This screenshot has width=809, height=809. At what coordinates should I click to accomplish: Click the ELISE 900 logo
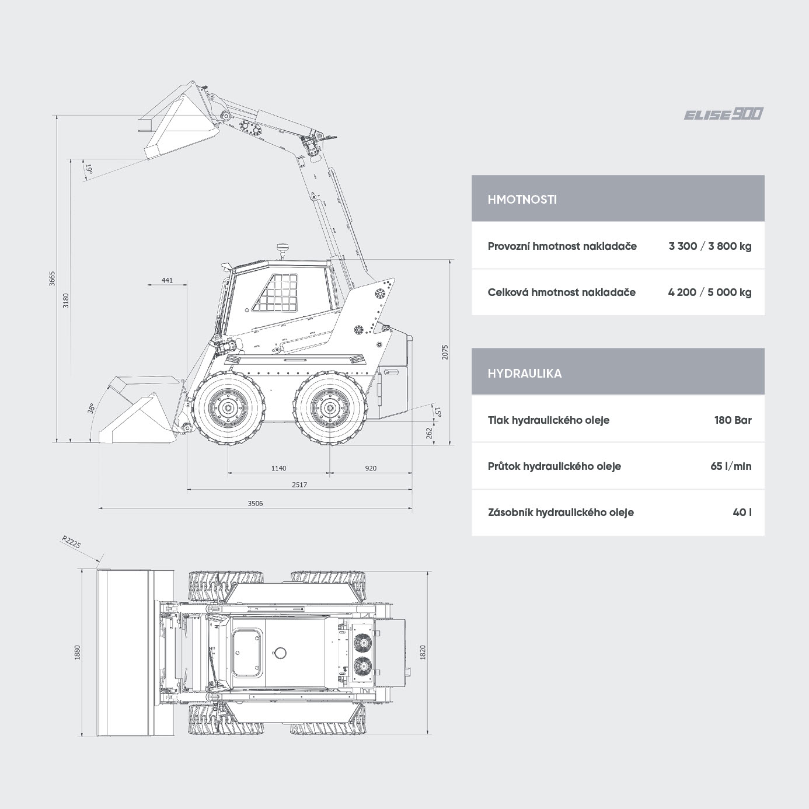723,114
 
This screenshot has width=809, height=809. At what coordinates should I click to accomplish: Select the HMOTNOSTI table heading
522,200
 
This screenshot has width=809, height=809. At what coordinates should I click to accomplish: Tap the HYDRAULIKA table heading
525,373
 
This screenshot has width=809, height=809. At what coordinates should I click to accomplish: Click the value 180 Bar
733,420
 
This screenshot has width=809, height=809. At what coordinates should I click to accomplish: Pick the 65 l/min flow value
730,466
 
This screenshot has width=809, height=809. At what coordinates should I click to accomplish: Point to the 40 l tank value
742,512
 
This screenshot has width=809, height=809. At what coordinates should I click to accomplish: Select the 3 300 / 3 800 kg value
710,246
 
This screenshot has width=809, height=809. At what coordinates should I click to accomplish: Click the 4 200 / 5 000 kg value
710,292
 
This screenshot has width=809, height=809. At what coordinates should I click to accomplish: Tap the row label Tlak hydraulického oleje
548,420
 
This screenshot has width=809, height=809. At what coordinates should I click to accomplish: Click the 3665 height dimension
52,278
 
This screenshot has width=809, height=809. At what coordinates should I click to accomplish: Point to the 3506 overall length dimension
255,503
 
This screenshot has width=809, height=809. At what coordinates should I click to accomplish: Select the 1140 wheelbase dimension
278,468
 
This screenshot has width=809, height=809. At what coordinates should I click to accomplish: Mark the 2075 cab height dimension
445,352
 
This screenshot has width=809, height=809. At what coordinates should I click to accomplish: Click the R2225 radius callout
71,542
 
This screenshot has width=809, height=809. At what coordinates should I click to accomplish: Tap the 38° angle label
90,408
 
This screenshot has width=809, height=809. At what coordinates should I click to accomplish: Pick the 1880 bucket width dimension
77,652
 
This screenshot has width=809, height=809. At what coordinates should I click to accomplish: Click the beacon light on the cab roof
282,250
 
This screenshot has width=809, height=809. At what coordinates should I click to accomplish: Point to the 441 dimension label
167,280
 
